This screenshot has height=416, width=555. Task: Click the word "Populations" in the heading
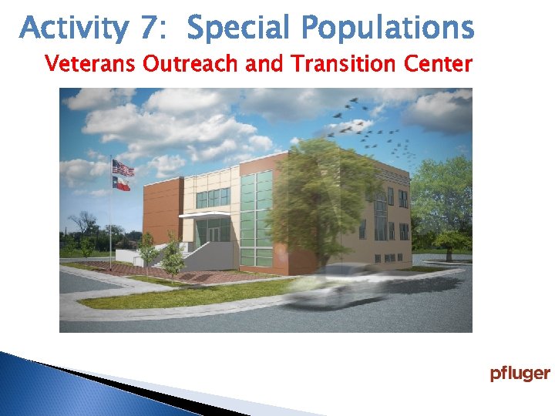pos(388,29)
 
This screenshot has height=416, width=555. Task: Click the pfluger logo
pos(520,374)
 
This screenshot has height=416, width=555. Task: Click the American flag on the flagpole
pos(123,167)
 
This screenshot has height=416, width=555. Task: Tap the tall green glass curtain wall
pos(256,220)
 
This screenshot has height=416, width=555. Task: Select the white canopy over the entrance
pos(203,214)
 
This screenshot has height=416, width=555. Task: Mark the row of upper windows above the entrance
pos(213,198)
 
